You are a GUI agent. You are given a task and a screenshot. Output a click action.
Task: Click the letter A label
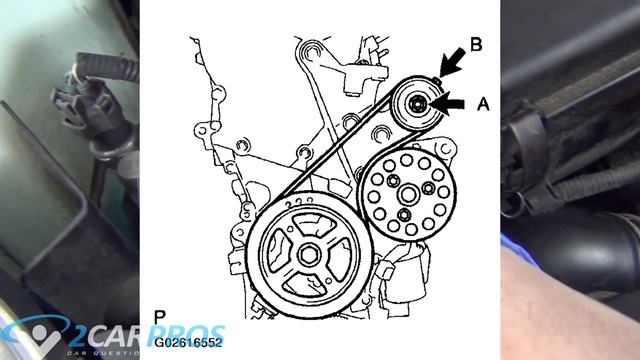tap(484, 102)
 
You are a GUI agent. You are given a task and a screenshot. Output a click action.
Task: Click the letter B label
tap(476, 44)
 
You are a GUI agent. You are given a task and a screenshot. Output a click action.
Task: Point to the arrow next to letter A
tap(451, 102)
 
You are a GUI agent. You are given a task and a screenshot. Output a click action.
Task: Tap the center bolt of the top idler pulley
tap(417, 103)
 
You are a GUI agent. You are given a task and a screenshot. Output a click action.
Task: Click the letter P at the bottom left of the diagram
tap(160, 317)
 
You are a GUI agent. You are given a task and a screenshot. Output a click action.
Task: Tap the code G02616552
tap(188, 340)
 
